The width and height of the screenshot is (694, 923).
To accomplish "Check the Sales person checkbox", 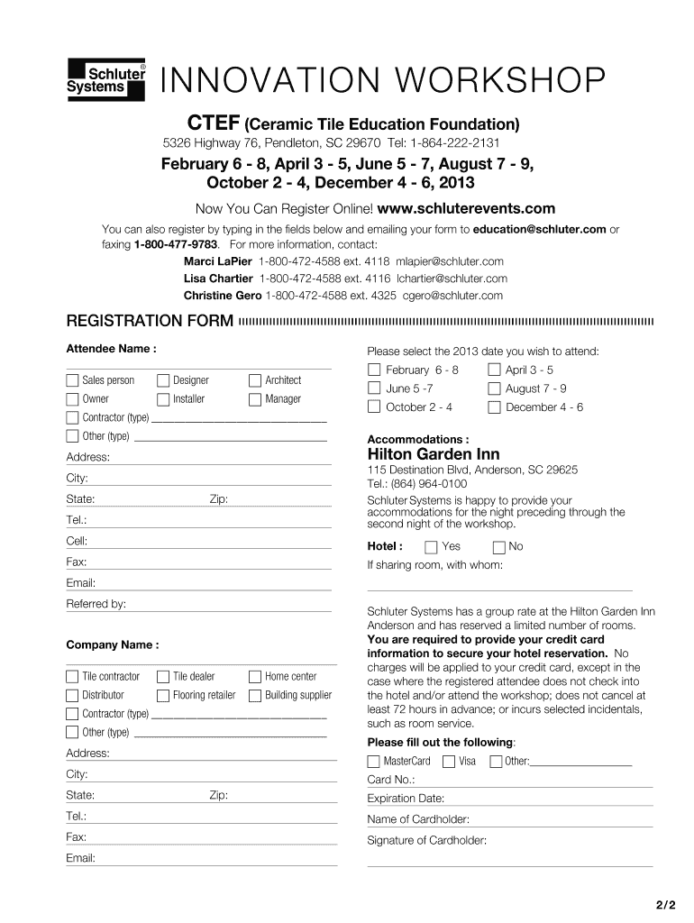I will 72,380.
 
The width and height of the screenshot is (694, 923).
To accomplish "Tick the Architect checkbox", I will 255,380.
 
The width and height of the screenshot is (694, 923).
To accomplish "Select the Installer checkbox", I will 163,399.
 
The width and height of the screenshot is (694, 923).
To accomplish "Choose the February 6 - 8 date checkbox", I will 374,370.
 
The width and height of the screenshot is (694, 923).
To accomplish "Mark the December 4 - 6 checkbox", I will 494,407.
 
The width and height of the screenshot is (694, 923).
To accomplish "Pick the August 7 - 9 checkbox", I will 494,389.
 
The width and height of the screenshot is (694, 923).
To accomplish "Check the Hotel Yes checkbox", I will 431,547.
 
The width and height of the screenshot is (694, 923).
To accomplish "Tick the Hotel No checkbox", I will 498,547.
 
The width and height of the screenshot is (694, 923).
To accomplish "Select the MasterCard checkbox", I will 374,762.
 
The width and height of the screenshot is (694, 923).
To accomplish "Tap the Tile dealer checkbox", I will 163,677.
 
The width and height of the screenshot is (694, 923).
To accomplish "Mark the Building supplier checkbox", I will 255,696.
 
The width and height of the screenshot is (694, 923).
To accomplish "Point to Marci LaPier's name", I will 217,261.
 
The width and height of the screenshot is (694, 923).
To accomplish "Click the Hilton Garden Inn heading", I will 433,454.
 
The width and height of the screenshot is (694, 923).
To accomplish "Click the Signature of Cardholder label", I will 426,841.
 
